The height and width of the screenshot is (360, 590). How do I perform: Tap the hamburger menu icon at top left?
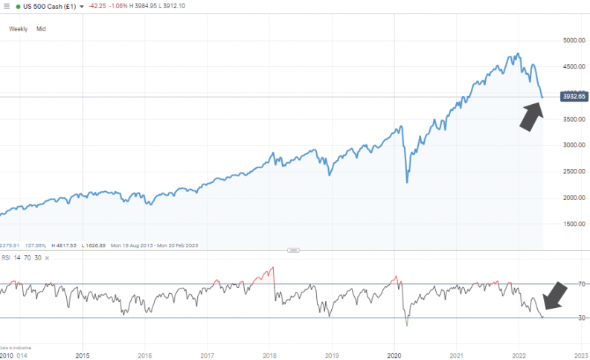point(5,5)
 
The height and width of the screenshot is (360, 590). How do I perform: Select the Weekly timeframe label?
point(18,28)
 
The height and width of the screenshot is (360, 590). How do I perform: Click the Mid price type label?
point(41,28)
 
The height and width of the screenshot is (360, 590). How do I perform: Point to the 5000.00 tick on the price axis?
point(572,40)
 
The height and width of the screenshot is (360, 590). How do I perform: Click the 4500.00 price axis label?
point(572,66)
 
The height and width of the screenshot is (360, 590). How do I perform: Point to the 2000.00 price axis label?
point(572,198)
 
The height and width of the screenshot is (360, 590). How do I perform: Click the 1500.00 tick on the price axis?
point(572,224)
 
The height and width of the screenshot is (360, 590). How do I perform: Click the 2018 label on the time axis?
point(269,355)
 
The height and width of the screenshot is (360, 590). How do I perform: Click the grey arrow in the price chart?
point(530,118)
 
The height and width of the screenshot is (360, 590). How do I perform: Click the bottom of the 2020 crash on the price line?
point(406,182)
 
